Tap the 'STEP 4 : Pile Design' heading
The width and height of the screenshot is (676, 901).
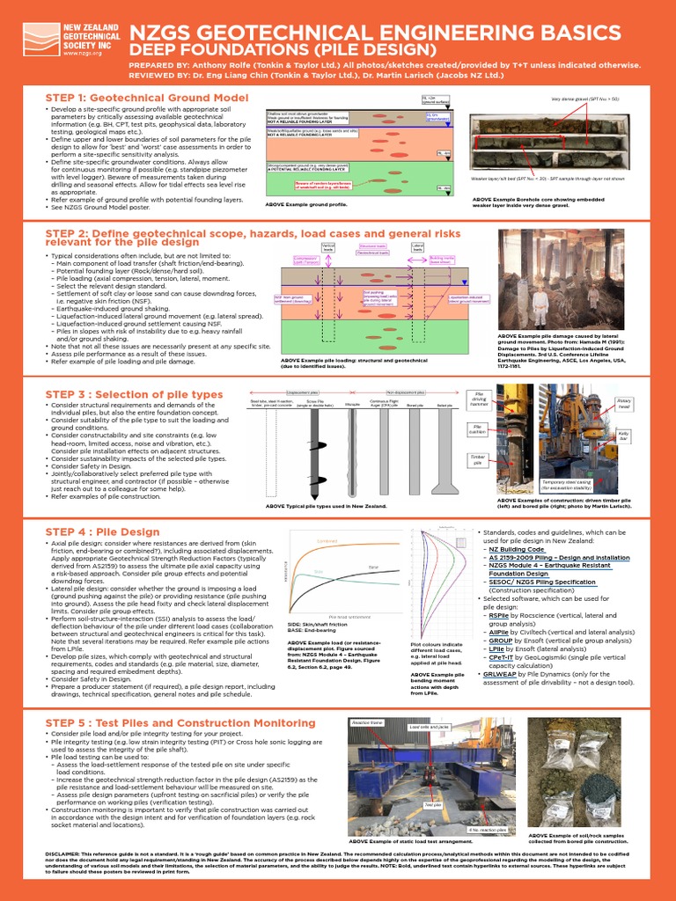tap(102, 532)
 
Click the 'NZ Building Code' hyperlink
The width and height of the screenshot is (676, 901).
tap(518, 548)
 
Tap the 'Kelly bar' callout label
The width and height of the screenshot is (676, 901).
tap(625, 435)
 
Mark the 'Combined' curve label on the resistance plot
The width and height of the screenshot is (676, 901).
tap(327, 541)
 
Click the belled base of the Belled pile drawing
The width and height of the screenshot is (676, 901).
tap(451, 487)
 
